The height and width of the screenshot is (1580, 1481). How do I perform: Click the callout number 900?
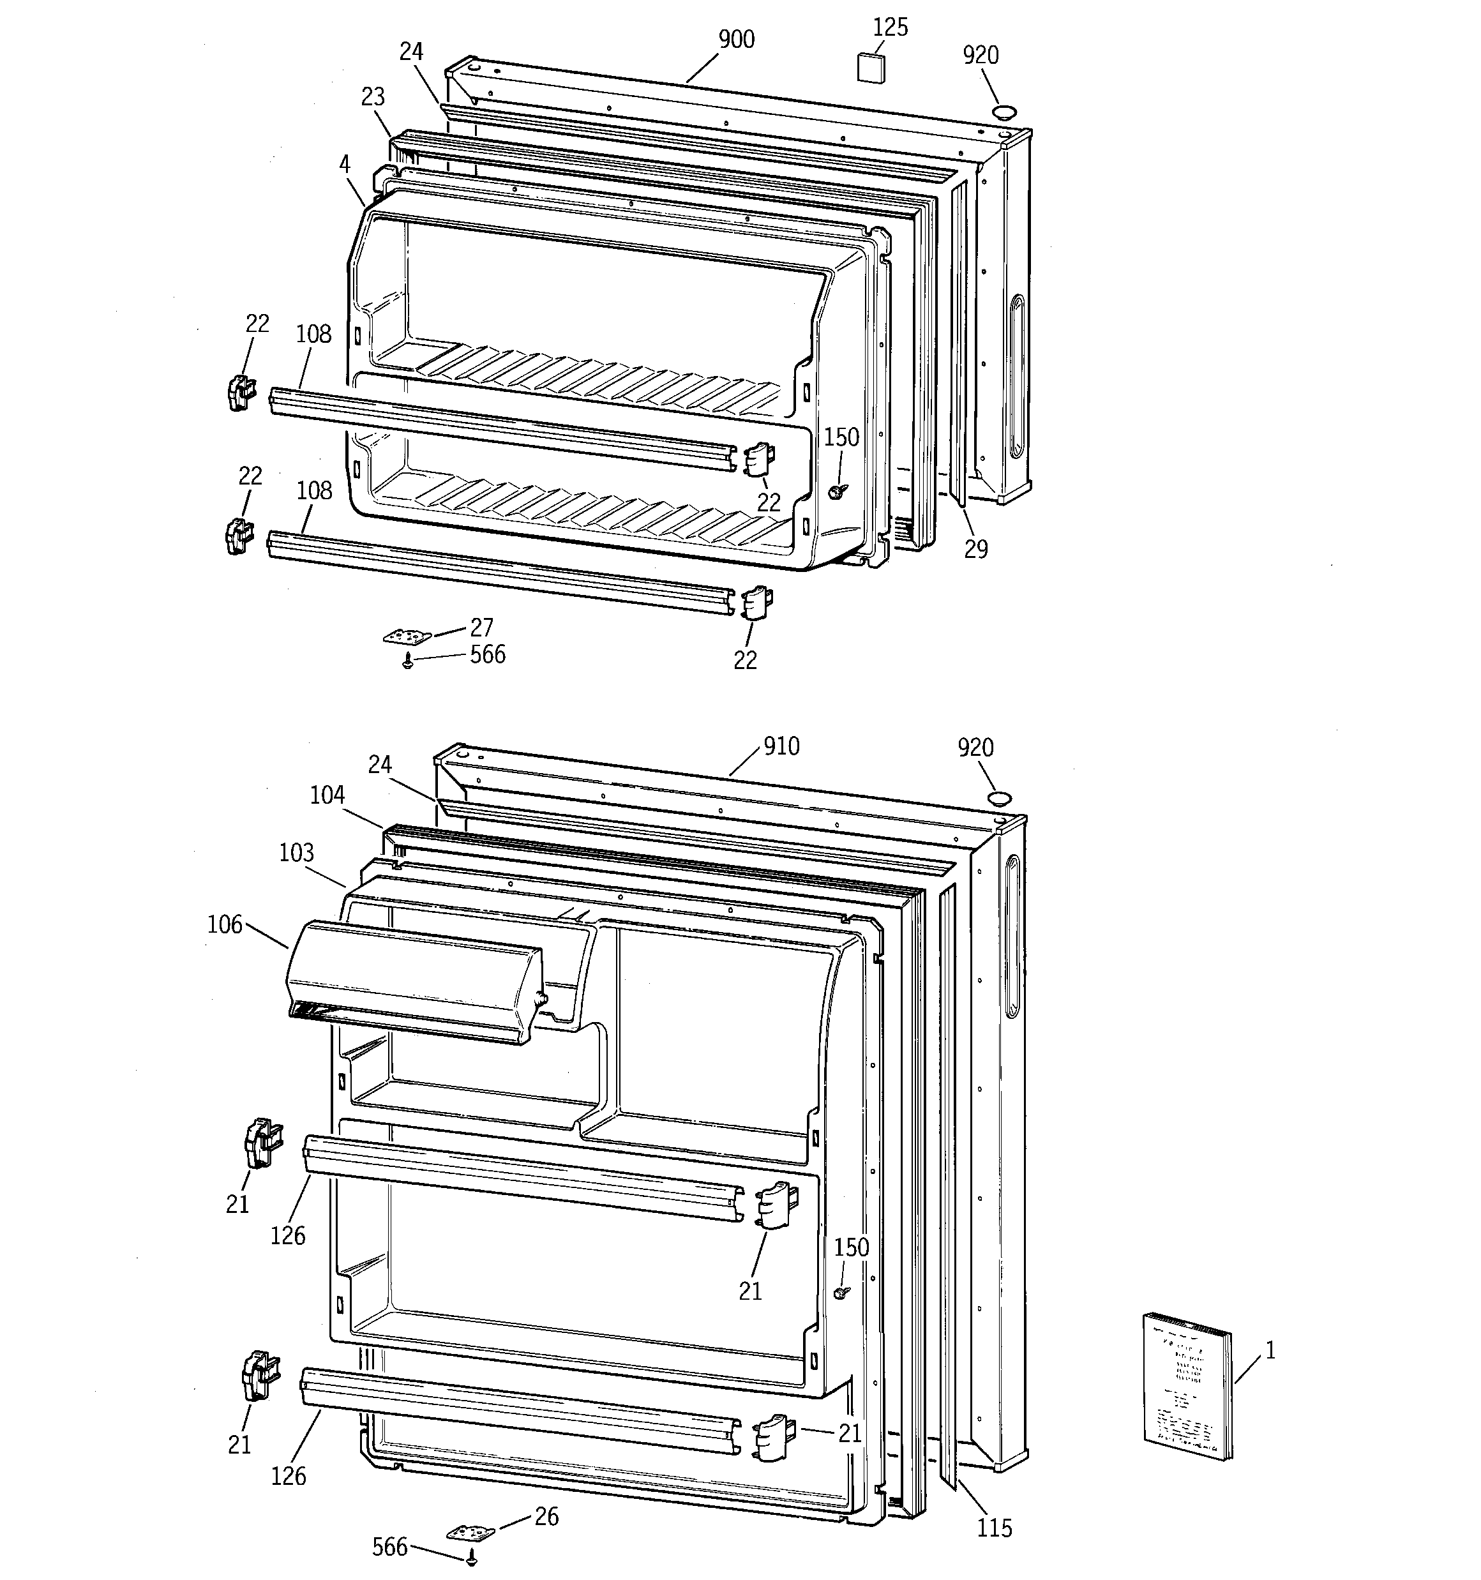[736, 40]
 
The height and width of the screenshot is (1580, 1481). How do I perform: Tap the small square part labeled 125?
[871, 67]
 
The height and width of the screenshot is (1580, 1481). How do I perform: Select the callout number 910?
[781, 746]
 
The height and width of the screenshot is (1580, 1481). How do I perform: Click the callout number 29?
[975, 548]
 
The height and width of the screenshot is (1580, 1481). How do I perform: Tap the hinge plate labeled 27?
[407, 636]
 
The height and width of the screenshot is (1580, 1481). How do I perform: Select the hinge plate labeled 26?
[470, 1531]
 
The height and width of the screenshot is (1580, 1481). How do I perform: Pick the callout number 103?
[296, 853]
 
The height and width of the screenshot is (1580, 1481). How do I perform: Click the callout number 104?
[327, 795]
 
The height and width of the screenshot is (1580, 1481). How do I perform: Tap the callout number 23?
[373, 97]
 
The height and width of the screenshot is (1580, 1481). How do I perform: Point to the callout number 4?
[344, 165]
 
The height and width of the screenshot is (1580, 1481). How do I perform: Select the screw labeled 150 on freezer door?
[834, 492]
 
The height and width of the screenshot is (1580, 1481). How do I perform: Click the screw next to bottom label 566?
[472, 1560]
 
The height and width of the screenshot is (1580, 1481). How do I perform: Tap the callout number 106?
[224, 924]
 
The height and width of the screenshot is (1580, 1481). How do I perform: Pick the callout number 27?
[482, 628]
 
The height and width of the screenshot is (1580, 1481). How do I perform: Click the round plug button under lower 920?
[999, 799]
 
